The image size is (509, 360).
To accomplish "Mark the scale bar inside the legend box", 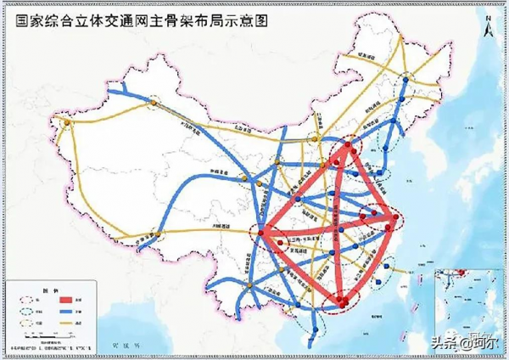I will point(51,336).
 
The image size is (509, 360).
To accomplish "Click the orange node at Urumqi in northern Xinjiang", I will point(154,102).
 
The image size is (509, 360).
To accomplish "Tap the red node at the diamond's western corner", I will point(265,231).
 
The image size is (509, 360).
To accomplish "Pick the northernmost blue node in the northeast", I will point(406,79).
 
